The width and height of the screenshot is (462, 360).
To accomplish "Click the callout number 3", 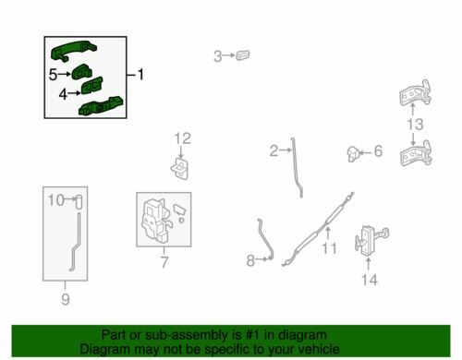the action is pos(218,56).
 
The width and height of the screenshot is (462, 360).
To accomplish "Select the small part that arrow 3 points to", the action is pos(243,55).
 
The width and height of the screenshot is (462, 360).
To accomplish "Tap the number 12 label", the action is pos(183,138).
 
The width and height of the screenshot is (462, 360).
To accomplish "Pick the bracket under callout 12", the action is pos(180,168).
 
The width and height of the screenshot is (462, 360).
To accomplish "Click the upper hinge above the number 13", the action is pos(416,93).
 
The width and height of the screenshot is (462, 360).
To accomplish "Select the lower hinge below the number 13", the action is pos(416,154).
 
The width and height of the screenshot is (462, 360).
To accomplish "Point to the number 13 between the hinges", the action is pos(415,125).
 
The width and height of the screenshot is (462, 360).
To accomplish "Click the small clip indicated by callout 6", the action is pos(354,153).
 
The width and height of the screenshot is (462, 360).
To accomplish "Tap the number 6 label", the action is pos(378,151).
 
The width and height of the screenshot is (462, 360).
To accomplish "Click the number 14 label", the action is pos(370,280).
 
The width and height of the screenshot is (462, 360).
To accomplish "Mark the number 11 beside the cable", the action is pos(329,248).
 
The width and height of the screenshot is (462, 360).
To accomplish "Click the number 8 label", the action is pos(250,260).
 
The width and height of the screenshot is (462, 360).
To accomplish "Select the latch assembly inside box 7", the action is pos(156,221).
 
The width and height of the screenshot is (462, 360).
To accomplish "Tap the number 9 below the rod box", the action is pos(66,299).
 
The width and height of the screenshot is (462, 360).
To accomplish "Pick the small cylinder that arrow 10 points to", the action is pos(79,202).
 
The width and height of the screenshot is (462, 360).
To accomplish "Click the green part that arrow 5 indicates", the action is pos(81,73).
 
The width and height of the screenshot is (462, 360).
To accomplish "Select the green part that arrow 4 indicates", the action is pos(91,86).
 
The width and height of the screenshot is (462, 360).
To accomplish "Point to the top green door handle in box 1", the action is pos(73,51).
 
